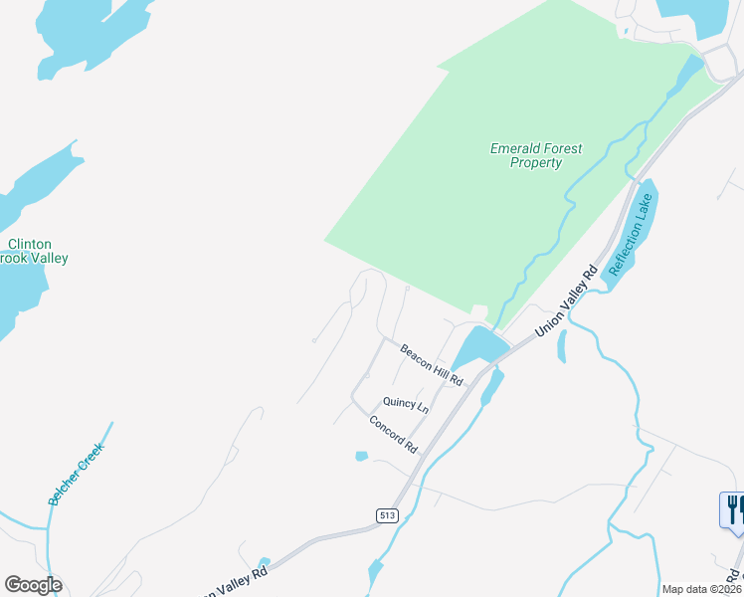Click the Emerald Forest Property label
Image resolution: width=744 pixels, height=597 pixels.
click(536, 156)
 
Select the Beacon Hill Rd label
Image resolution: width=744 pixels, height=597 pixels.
click(433, 365)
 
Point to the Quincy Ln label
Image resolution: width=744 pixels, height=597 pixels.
click(406, 406)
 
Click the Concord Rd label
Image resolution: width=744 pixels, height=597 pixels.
click(394, 436)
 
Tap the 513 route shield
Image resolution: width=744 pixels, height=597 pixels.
click(388, 514)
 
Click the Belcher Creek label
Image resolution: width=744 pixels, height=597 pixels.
click(76, 474)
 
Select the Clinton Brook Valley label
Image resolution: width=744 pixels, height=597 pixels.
click(33, 251)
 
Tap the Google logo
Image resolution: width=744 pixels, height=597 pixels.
click(33, 585)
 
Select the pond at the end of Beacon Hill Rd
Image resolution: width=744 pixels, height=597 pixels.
click(477, 347)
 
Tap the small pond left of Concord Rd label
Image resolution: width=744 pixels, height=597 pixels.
click(361, 457)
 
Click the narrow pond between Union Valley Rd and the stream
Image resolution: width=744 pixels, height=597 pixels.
click(562, 345)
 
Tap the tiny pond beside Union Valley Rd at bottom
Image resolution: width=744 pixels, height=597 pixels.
click(263, 564)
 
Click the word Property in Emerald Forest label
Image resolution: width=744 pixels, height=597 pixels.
click(536, 163)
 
